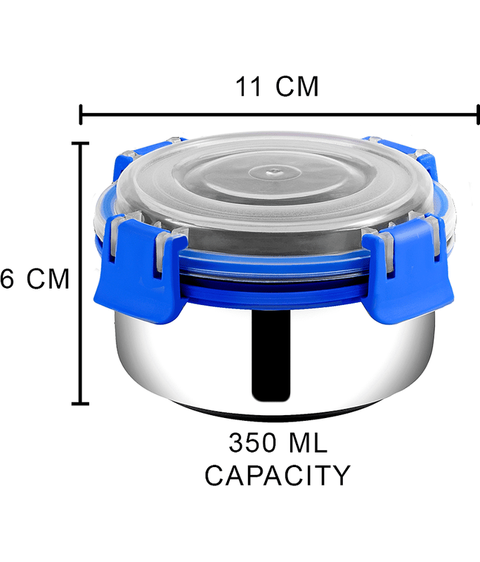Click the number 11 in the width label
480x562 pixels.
(247, 86)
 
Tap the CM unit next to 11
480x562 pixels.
(297, 86)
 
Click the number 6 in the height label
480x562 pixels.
(7, 278)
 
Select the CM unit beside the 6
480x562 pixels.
(48, 278)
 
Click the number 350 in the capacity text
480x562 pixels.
(253, 443)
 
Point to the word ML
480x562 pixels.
(308, 443)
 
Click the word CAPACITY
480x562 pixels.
(277, 476)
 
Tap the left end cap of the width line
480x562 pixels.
(81, 115)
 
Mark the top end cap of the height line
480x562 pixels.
(80, 144)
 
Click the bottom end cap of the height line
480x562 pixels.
(80, 403)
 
